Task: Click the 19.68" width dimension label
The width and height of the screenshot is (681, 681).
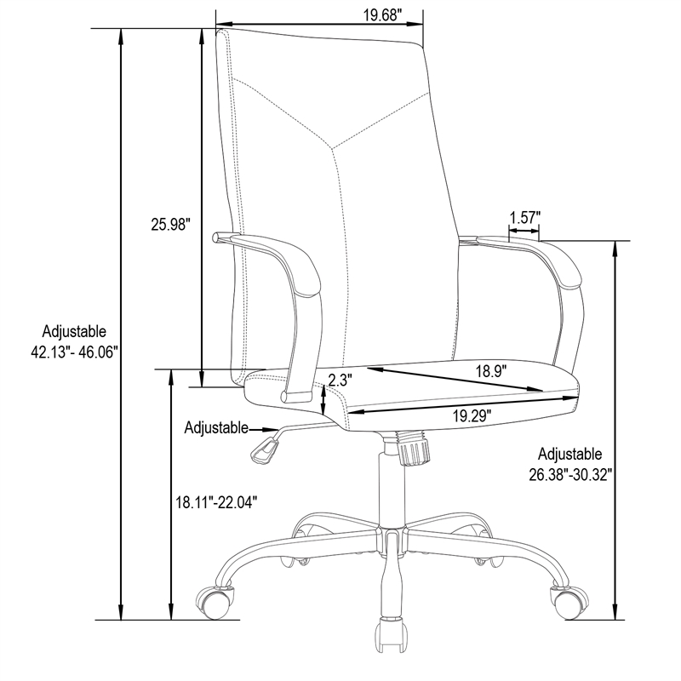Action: pyautogui.click(x=381, y=15)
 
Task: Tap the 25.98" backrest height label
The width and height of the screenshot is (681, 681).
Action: pyautogui.click(x=171, y=225)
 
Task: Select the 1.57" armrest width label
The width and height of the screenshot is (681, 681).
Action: pyautogui.click(x=524, y=217)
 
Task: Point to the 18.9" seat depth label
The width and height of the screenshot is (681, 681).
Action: pyautogui.click(x=491, y=372)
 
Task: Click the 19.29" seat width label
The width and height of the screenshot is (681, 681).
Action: pyautogui.click(x=472, y=416)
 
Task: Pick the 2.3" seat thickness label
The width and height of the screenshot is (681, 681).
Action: pyautogui.click(x=339, y=381)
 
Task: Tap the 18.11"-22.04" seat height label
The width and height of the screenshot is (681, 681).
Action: pyautogui.click(x=216, y=502)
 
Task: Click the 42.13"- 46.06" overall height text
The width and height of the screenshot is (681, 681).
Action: pyautogui.click(x=74, y=352)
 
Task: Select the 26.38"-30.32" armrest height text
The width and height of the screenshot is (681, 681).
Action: pyautogui.click(x=570, y=475)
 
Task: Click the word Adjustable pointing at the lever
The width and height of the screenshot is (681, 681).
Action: pyautogui.click(x=216, y=428)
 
